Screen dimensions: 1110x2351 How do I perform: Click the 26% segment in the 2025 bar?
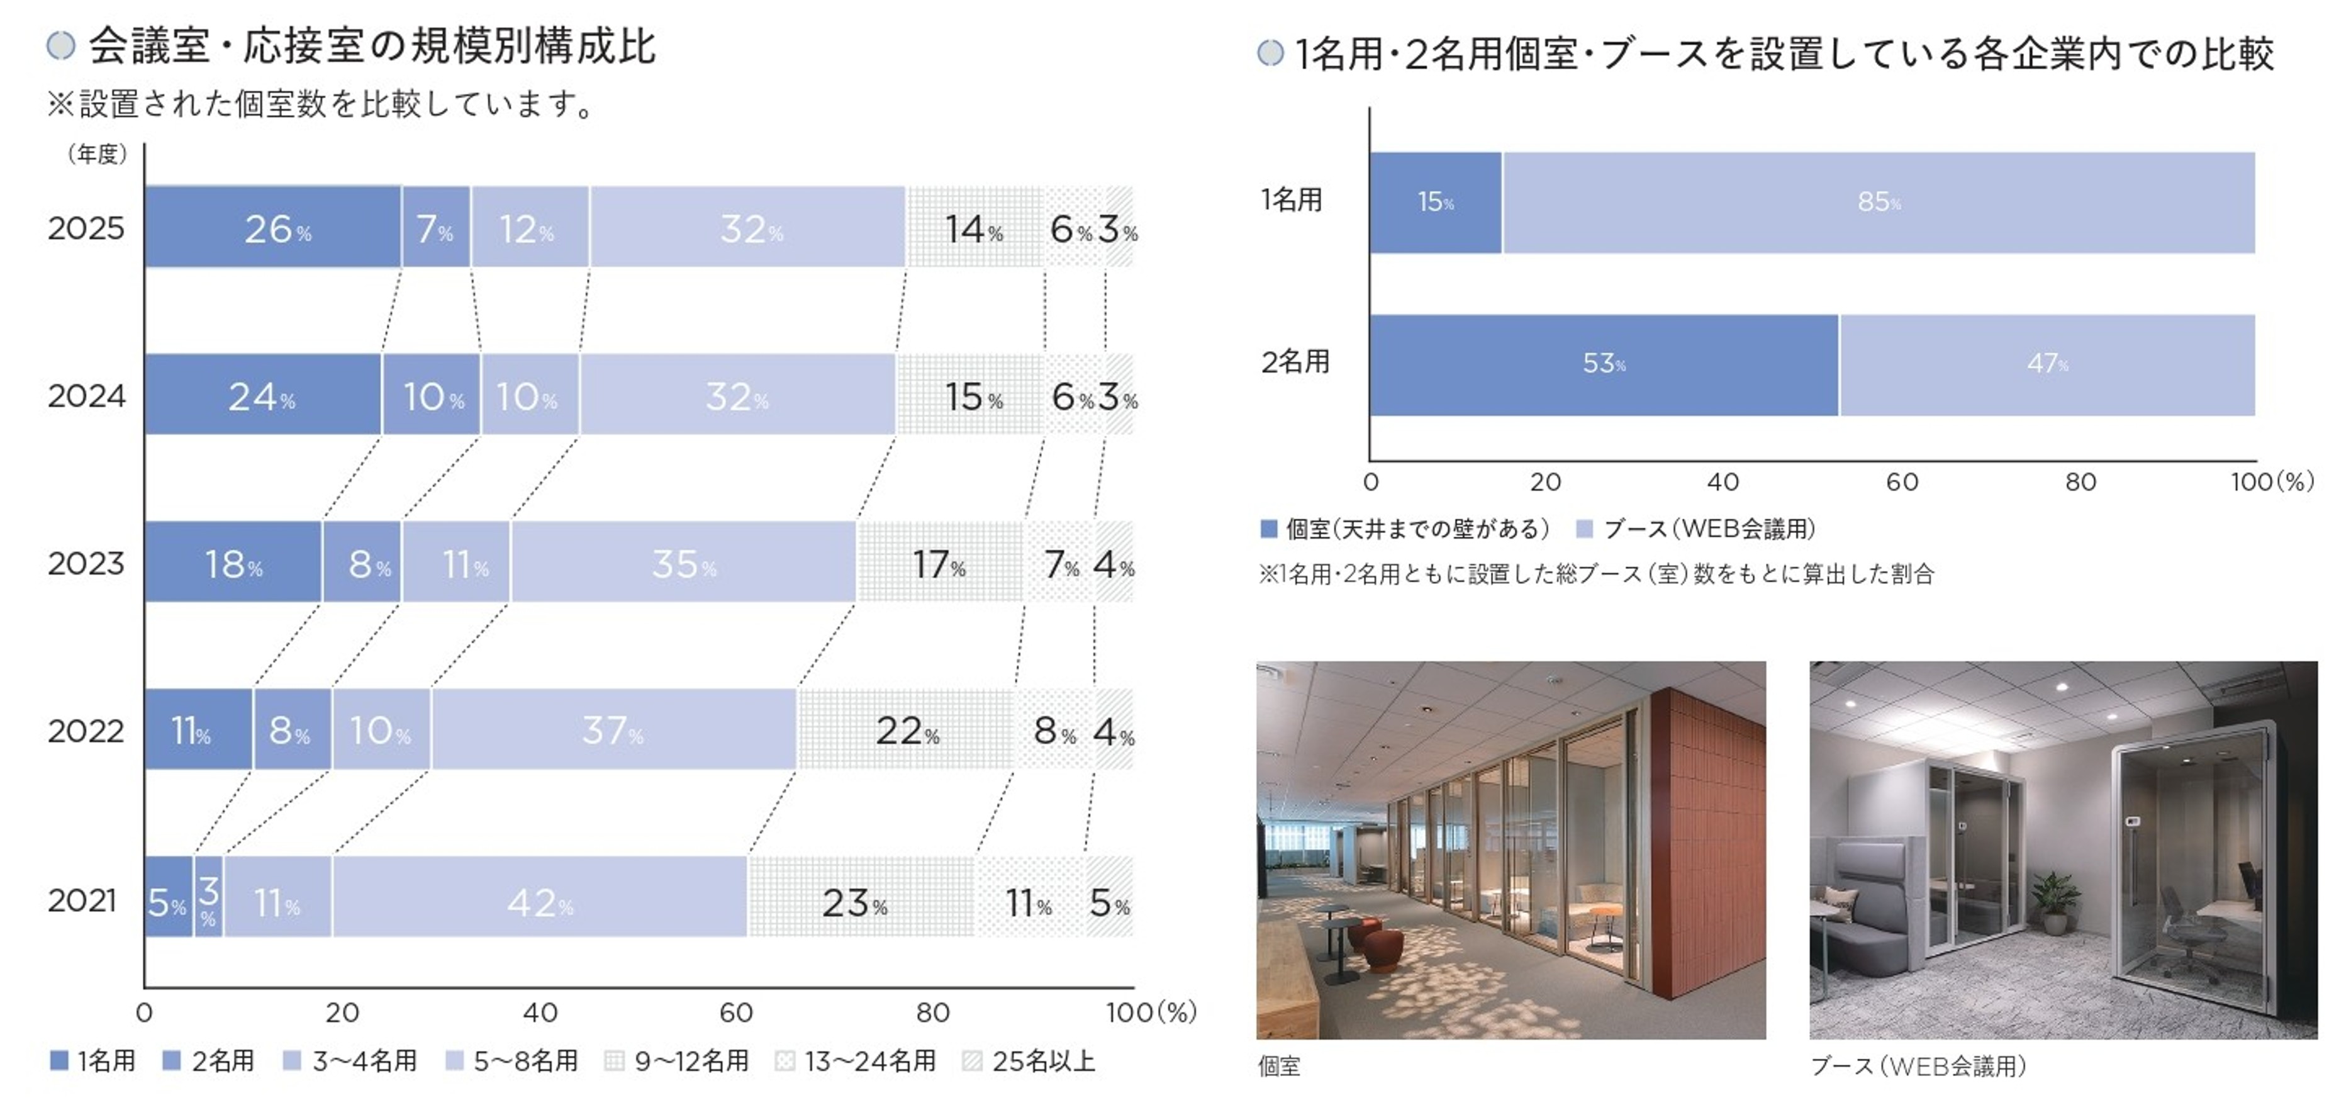pyautogui.click(x=273, y=227)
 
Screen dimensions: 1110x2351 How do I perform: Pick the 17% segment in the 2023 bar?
pyautogui.click(x=939, y=563)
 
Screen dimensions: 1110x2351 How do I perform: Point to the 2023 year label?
pyautogui.click(x=86, y=563)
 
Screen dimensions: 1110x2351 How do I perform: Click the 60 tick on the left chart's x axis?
pyautogui.click(x=737, y=1012)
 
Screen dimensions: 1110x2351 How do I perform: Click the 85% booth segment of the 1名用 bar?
pyautogui.click(x=1879, y=202)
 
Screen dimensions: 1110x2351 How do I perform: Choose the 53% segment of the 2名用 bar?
pyautogui.click(x=1604, y=364)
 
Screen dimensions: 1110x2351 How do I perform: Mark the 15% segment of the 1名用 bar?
pyautogui.click(x=1434, y=202)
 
